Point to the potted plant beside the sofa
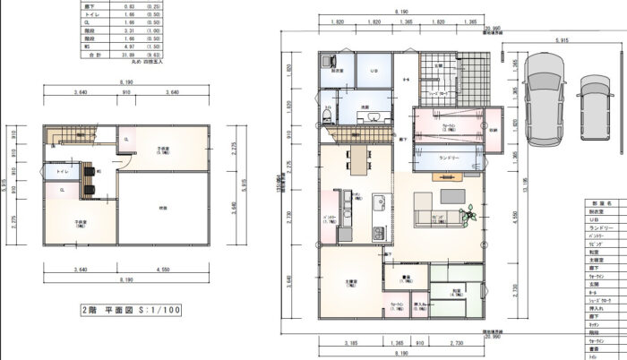469,214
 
